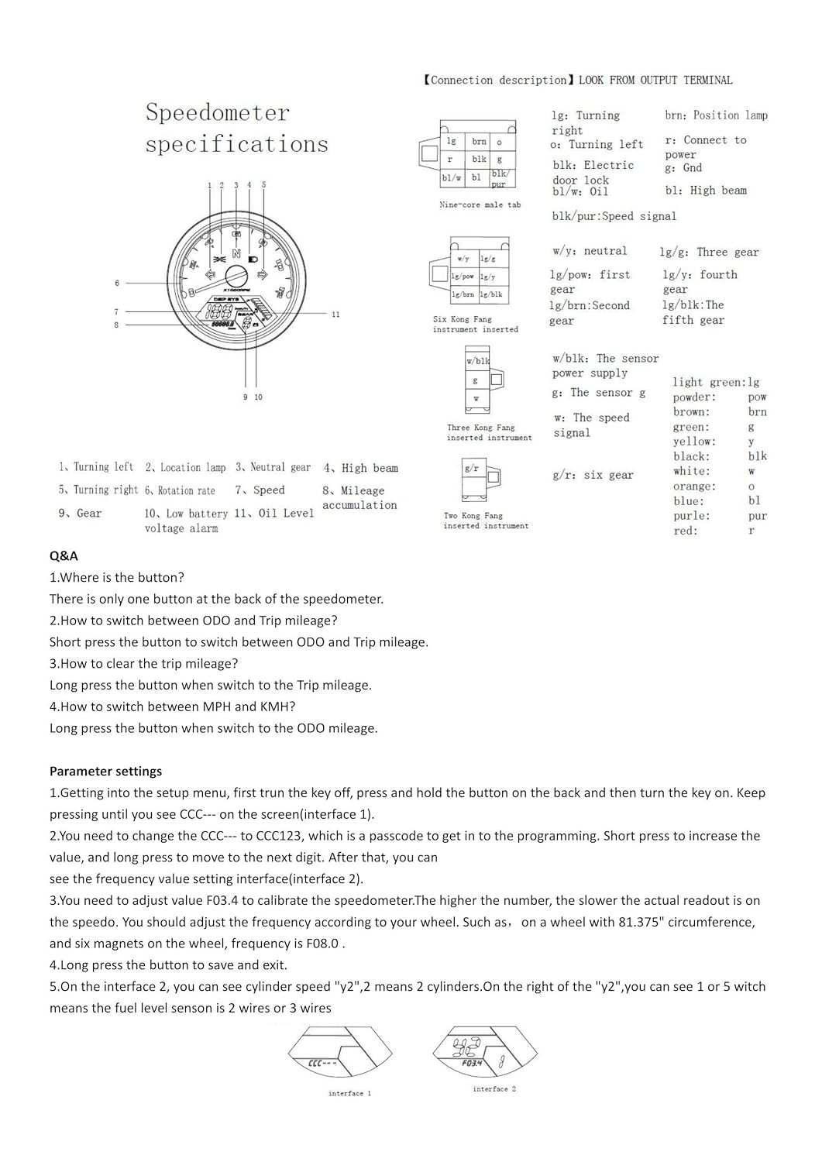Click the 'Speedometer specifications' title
tap(236, 129)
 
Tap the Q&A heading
tap(64, 555)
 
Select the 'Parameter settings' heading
tap(105, 771)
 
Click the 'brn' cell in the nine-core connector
tap(479, 142)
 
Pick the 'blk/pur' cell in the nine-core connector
tap(499, 179)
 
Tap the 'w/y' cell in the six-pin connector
tap(463, 259)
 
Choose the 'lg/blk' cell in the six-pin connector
tap(491, 294)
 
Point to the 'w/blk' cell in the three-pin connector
tap(477, 361)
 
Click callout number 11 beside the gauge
tap(335, 315)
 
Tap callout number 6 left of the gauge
tap(117, 283)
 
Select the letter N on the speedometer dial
tap(236, 255)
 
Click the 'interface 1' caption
tap(349, 1093)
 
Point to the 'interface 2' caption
tap(494, 1088)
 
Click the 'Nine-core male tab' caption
tap(480, 205)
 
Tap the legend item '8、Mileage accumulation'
tap(359, 497)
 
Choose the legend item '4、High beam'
tap(361, 468)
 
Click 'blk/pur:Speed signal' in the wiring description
tap(614, 216)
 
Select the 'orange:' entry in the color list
tap(694, 486)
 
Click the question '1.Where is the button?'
tap(117, 577)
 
